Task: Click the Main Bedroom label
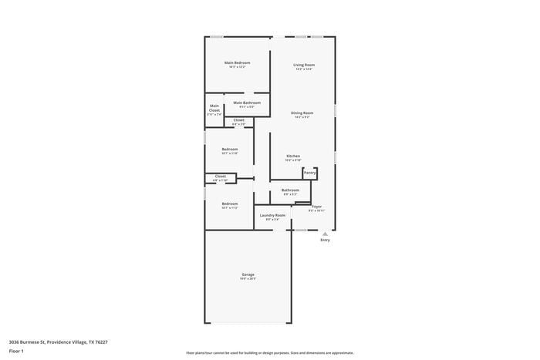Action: [x=237, y=62]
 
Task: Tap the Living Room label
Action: [x=303, y=65]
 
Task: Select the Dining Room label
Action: [x=302, y=113]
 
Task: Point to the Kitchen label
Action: [x=293, y=156]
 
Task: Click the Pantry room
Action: [x=309, y=173]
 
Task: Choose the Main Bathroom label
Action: [x=247, y=103]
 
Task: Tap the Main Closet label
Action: [x=214, y=108]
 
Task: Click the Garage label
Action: [x=248, y=274]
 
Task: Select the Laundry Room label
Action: [x=272, y=215]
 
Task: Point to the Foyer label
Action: [x=316, y=207]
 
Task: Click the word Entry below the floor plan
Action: [x=325, y=240]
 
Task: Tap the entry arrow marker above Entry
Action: [x=325, y=231]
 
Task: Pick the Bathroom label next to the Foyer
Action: [x=290, y=190]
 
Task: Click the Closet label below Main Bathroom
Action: [x=239, y=120]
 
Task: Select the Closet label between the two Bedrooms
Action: [x=220, y=177]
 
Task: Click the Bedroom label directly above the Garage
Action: [x=229, y=204]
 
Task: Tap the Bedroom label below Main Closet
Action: [x=230, y=149]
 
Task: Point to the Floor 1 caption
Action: [x=16, y=352]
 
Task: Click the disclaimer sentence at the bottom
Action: [x=270, y=352]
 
